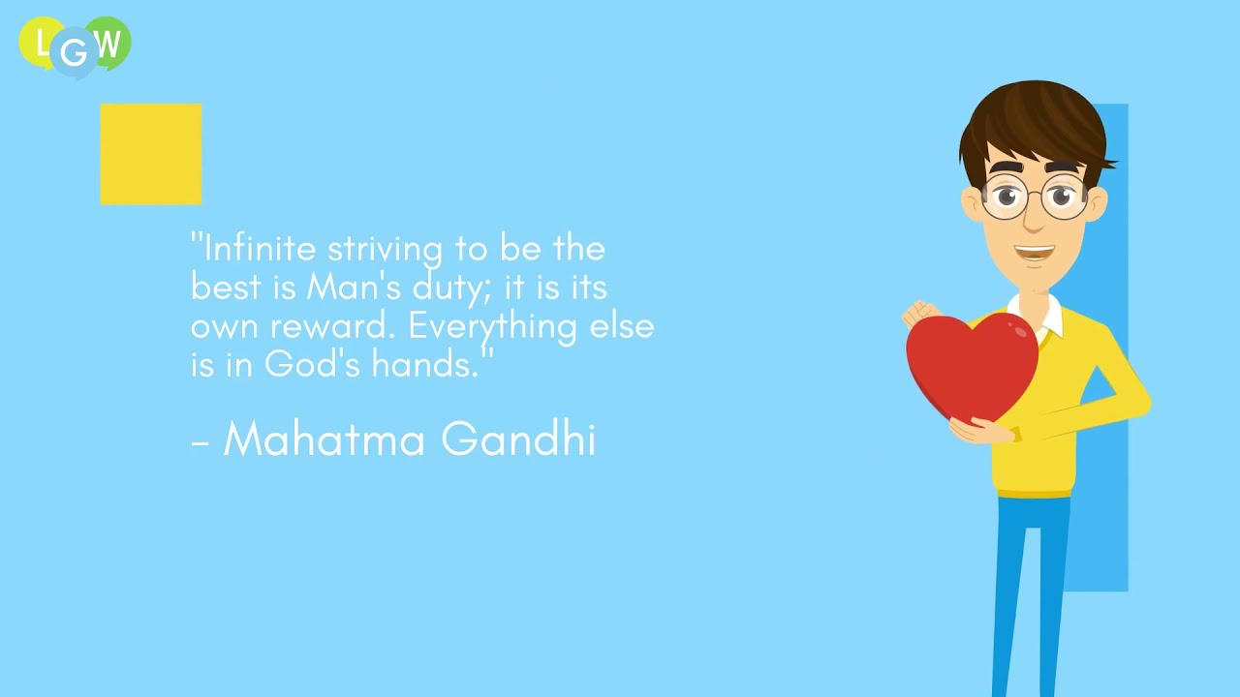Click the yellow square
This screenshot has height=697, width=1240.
pyautogui.click(x=151, y=154)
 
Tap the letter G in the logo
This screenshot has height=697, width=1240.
pyautogui.click(x=75, y=53)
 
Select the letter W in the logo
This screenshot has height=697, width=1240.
pyautogui.click(x=108, y=43)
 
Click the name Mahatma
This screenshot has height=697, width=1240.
pyautogui.click(x=325, y=439)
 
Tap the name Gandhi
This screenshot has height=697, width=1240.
pyautogui.click(x=517, y=439)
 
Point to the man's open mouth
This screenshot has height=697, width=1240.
pyautogui.click(x=1034, y=254)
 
